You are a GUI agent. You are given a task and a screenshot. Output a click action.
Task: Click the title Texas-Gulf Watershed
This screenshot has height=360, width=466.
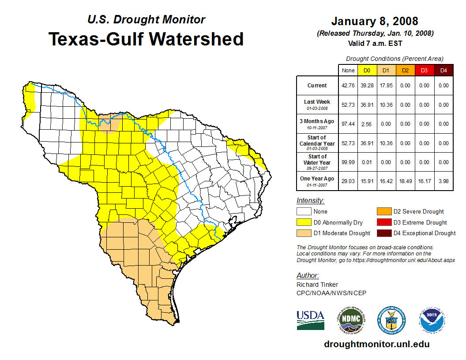point(146,39)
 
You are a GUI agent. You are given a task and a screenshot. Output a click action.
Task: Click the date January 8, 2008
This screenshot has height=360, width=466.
point(375,21)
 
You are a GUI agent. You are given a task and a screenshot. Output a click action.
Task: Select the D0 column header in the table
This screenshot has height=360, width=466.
point(367,70)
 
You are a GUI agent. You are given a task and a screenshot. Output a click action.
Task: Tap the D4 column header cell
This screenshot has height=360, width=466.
point(443,70)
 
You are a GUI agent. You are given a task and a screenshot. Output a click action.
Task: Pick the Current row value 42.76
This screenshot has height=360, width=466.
point(348,86)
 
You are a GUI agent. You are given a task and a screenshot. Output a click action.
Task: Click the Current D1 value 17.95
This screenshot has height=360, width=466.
point(386,86)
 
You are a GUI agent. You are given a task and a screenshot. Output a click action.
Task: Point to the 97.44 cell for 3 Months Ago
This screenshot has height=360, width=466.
point(348,124)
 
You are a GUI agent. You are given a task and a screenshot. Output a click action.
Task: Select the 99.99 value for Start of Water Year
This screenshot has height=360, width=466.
point(348,162)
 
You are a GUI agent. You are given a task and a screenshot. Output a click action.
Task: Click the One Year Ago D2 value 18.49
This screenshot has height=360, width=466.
point(405,181)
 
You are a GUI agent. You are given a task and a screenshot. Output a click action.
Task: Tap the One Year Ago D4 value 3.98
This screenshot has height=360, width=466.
point(443,181)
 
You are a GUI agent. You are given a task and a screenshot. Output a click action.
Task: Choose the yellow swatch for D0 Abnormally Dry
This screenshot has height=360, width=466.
point(304,222)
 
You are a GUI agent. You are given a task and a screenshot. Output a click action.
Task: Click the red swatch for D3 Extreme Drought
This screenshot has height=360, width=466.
point(383,222)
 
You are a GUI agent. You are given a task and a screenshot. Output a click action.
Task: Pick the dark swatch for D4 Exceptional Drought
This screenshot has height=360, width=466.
point(383,233)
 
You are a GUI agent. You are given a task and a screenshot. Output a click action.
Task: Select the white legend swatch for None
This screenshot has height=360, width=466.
point(304,212)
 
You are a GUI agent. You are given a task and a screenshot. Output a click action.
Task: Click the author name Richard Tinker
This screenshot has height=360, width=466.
point(317,285)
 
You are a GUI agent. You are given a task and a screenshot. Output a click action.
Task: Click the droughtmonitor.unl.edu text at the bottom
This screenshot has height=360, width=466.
point(376,344)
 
